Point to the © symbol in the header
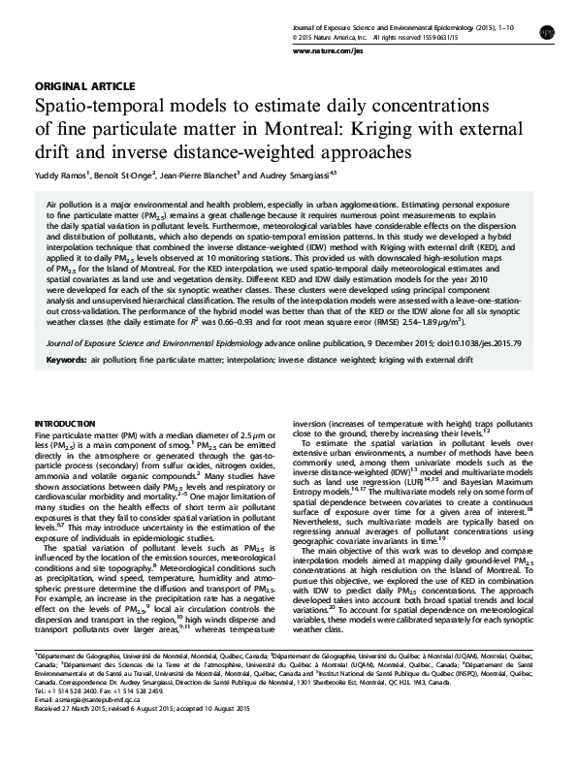click(x=295, y=28)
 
